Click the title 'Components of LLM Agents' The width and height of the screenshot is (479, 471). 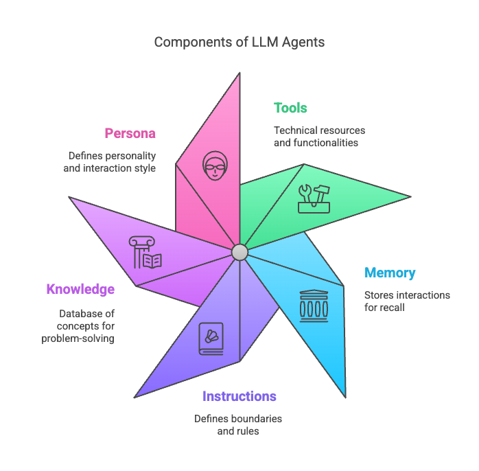[239, 42]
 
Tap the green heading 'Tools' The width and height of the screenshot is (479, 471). [290, 108]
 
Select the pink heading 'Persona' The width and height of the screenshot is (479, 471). [130, 133]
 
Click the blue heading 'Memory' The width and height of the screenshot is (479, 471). [390, 273]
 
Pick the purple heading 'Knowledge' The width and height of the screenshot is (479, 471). [80, 289]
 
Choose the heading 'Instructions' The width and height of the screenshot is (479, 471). [239, 396]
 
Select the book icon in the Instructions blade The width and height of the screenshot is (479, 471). [210, 338]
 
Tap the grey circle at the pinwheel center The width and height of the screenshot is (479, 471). [239, 252]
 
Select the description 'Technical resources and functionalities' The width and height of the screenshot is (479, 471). [319, 137]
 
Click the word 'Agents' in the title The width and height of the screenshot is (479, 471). [302, 42]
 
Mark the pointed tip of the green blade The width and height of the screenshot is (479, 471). [410, 197]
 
